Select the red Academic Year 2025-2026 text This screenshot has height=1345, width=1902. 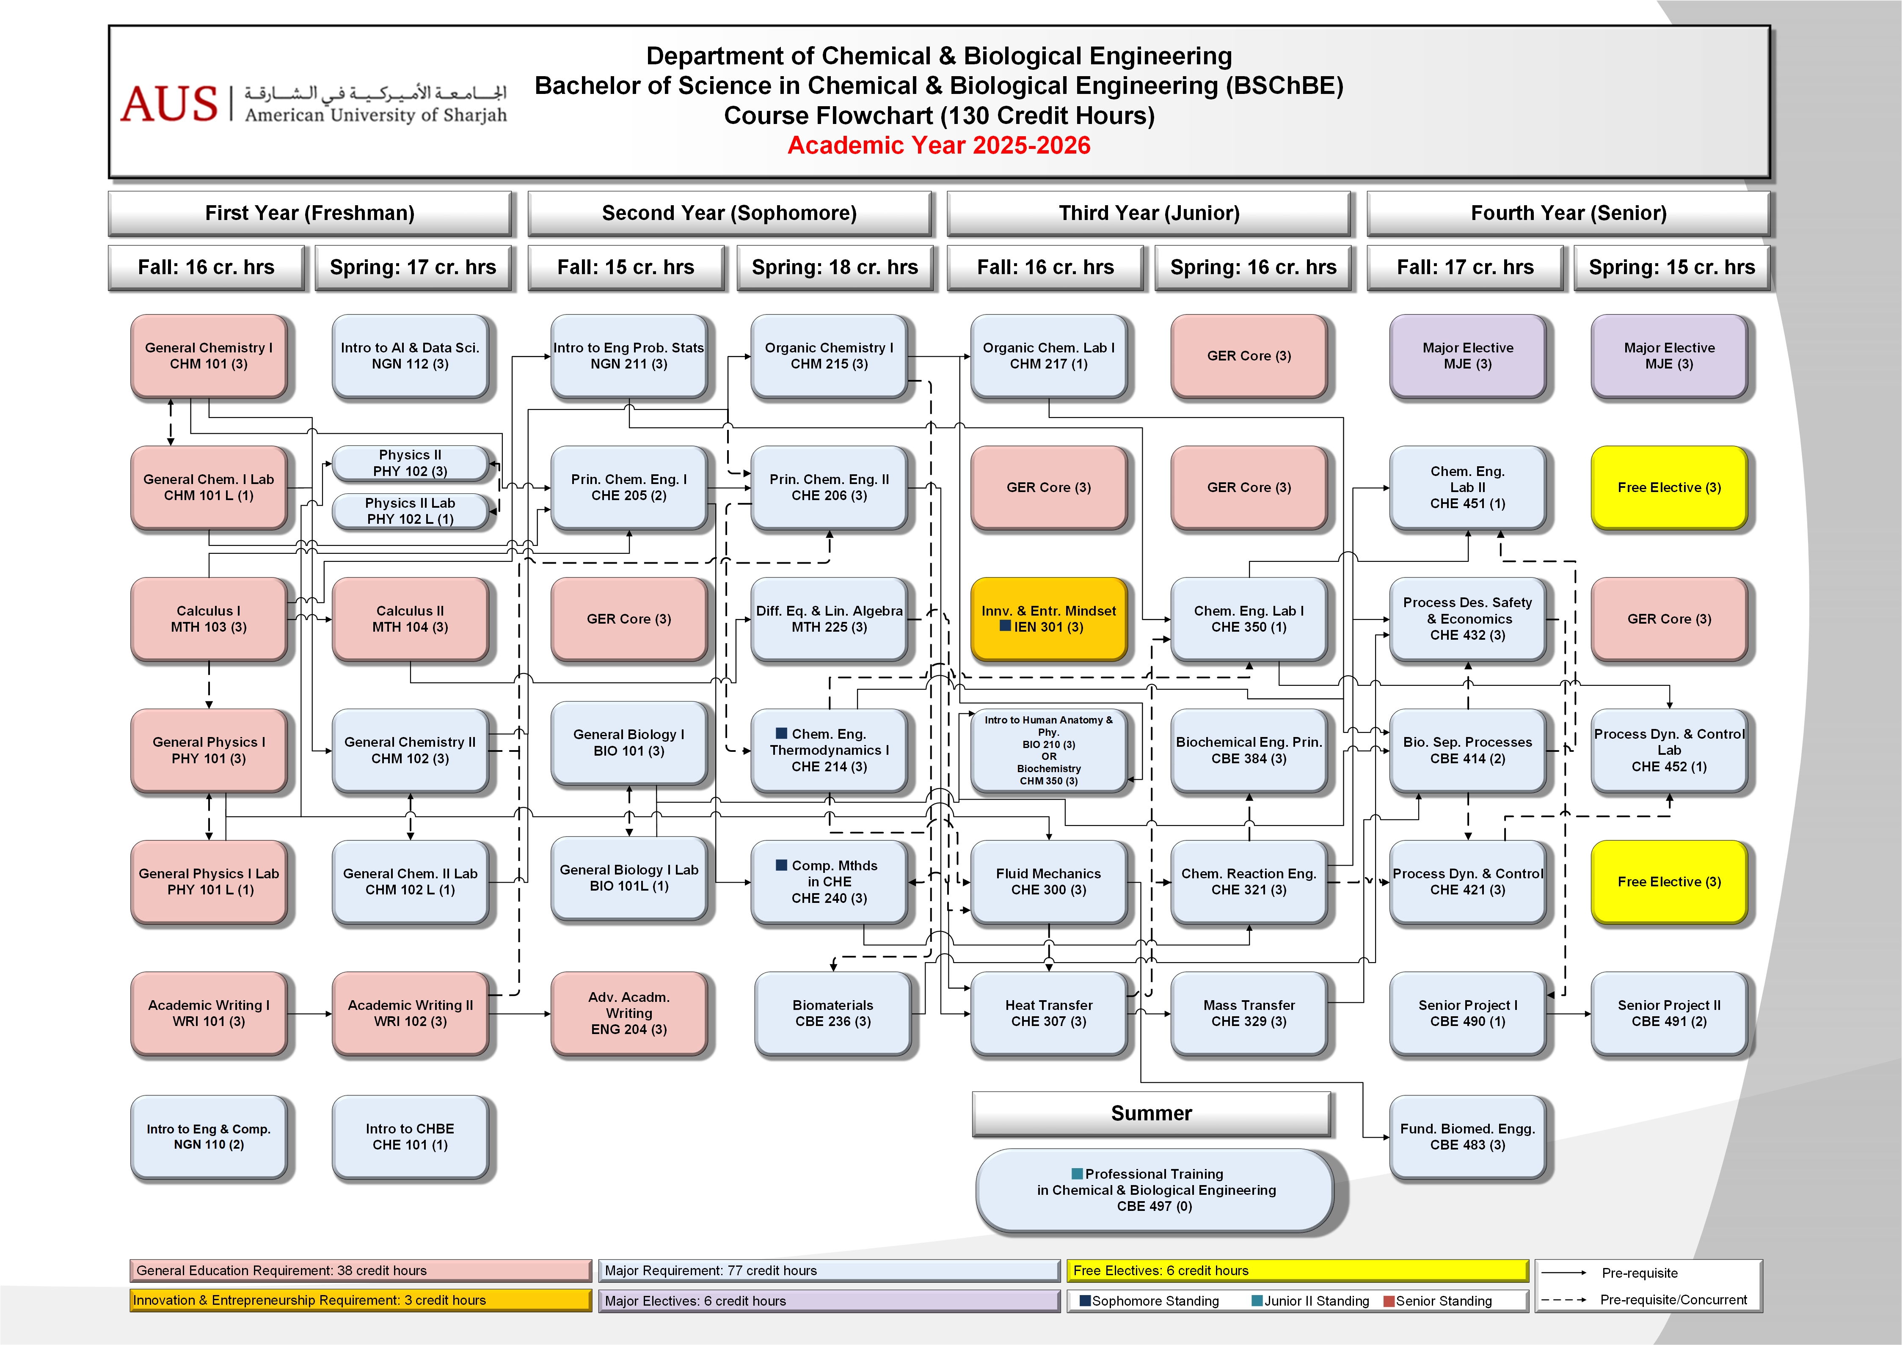coord(939,146)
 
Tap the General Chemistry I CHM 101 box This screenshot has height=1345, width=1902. coord(209,356)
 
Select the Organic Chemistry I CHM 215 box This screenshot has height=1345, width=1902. coord(829,356)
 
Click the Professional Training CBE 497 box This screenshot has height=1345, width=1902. coord(1155,1190)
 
